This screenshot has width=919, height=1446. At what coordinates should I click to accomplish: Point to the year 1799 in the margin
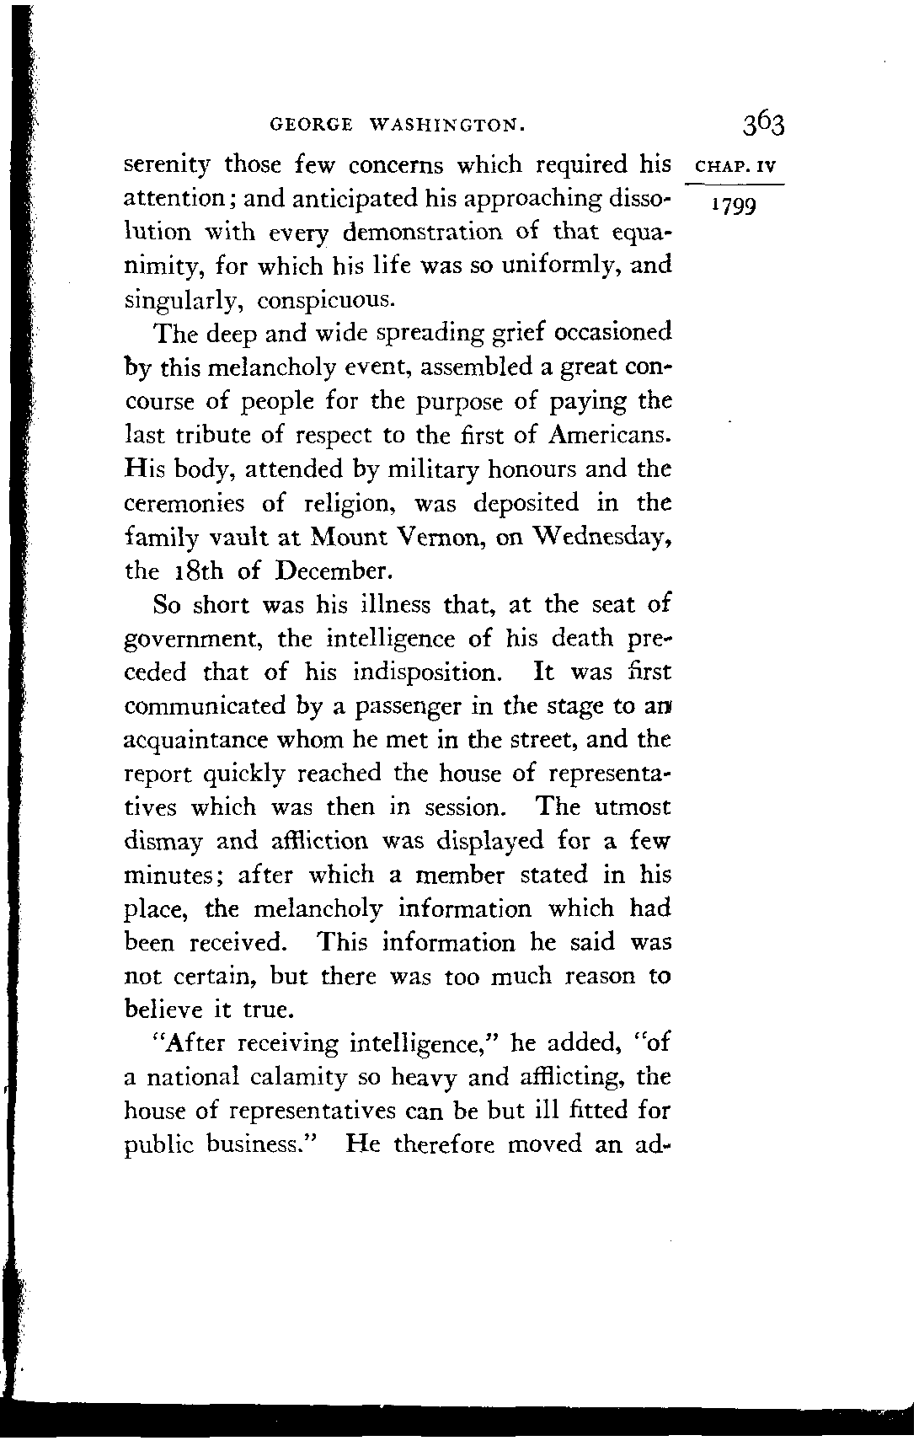click(735, 205)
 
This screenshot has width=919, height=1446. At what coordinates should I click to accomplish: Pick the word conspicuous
click(324, 300)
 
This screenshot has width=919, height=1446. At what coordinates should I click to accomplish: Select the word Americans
click(611, 435)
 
